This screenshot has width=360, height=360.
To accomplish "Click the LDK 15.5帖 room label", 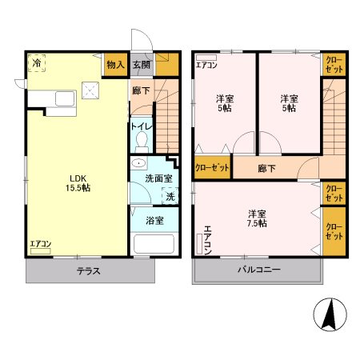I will click(78, 182).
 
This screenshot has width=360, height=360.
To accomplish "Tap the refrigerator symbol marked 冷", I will click(38, 63).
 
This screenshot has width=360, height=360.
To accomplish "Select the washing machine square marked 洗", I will click(170, 196).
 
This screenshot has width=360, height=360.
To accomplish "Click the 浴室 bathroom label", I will click(154, 220).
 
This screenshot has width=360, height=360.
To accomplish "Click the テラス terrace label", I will click(88, 270).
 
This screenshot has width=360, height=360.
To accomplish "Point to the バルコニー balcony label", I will click(258, 270).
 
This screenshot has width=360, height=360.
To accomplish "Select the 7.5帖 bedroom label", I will click(256, 218).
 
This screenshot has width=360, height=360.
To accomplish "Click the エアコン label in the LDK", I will click(41, 243).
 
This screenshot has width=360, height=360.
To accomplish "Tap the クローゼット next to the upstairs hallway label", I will click(212, 168).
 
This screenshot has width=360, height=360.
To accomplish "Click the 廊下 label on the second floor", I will click(267, 169).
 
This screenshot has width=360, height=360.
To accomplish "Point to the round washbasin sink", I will click(138, 164).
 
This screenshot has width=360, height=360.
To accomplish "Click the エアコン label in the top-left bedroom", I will click(206, 65).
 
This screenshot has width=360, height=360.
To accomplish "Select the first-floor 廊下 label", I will click(140, 91).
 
